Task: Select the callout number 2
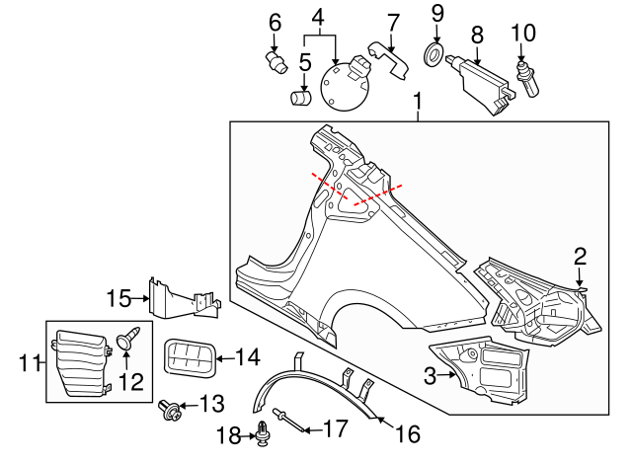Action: tap(580, 256)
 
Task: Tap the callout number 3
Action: tap(430, 375)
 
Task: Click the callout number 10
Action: tap(522, 33)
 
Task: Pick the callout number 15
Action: tap(118, 297)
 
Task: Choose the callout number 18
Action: tap(223, 433)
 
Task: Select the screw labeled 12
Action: tap(127, 342)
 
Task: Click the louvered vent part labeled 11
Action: tap(79, 362)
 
